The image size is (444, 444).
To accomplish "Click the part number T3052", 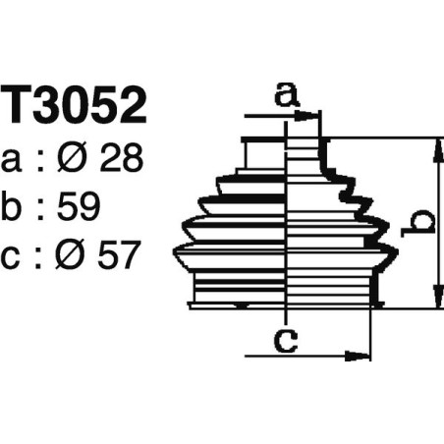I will [75, 107].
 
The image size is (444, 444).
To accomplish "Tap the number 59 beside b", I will [81, 207].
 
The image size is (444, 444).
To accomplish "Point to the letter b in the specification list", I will [16, 207].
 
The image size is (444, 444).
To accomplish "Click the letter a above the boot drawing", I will [285, 95].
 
